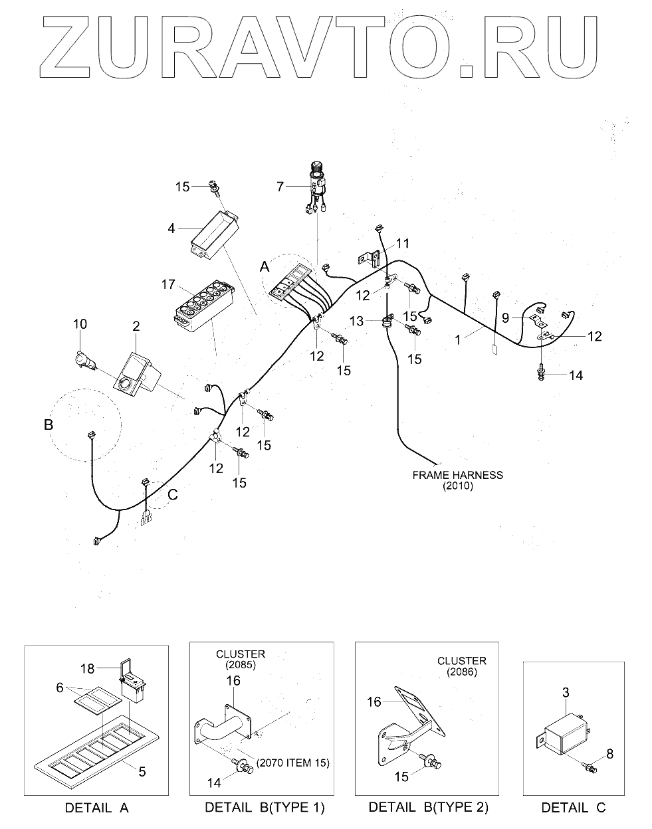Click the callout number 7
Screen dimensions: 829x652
[280, 187]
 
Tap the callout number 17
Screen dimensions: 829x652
[167, 285]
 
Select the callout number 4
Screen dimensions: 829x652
[171, 229]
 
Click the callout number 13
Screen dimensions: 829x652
[356, 321]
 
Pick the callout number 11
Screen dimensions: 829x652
[403, 242]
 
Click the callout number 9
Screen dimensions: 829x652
[505, 318]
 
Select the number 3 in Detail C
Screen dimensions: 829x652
[566, 693]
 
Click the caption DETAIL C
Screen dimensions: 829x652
[573, 808]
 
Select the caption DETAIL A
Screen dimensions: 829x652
[96, 808]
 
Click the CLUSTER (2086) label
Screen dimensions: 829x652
[461, 666]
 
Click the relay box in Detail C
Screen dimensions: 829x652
[565, 737]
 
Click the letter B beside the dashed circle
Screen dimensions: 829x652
[48, 424]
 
